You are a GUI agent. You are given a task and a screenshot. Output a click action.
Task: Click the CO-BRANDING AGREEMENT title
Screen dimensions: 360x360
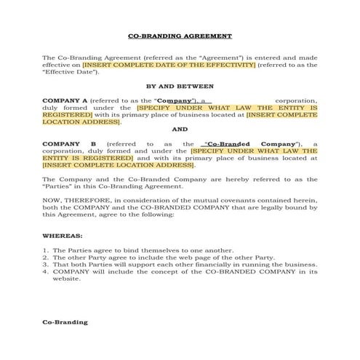click(x=180, y=36)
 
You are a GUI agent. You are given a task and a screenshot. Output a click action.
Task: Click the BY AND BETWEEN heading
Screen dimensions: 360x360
click(x=180, y=86)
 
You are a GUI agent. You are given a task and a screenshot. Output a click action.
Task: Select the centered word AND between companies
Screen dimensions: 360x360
click(x=180, y=129)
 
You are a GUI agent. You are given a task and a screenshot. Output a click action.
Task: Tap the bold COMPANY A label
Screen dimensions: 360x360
click(x=65, y=100)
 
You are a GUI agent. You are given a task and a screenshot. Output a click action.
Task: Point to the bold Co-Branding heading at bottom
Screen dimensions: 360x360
click(x=65, y=321)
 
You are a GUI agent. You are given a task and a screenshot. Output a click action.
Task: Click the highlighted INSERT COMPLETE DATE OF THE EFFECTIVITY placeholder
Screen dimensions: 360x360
click(x=169, y=65)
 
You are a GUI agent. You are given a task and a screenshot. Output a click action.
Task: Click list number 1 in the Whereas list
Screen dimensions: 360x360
click(x=44, y=250)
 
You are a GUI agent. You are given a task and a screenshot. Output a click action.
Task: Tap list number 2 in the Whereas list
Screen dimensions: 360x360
click(x=44, y=257)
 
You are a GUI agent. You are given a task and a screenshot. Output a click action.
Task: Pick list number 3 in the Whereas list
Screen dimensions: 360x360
click(x=44, y=265)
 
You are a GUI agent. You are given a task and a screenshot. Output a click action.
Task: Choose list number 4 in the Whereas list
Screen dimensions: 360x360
click(x=44, y=272)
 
